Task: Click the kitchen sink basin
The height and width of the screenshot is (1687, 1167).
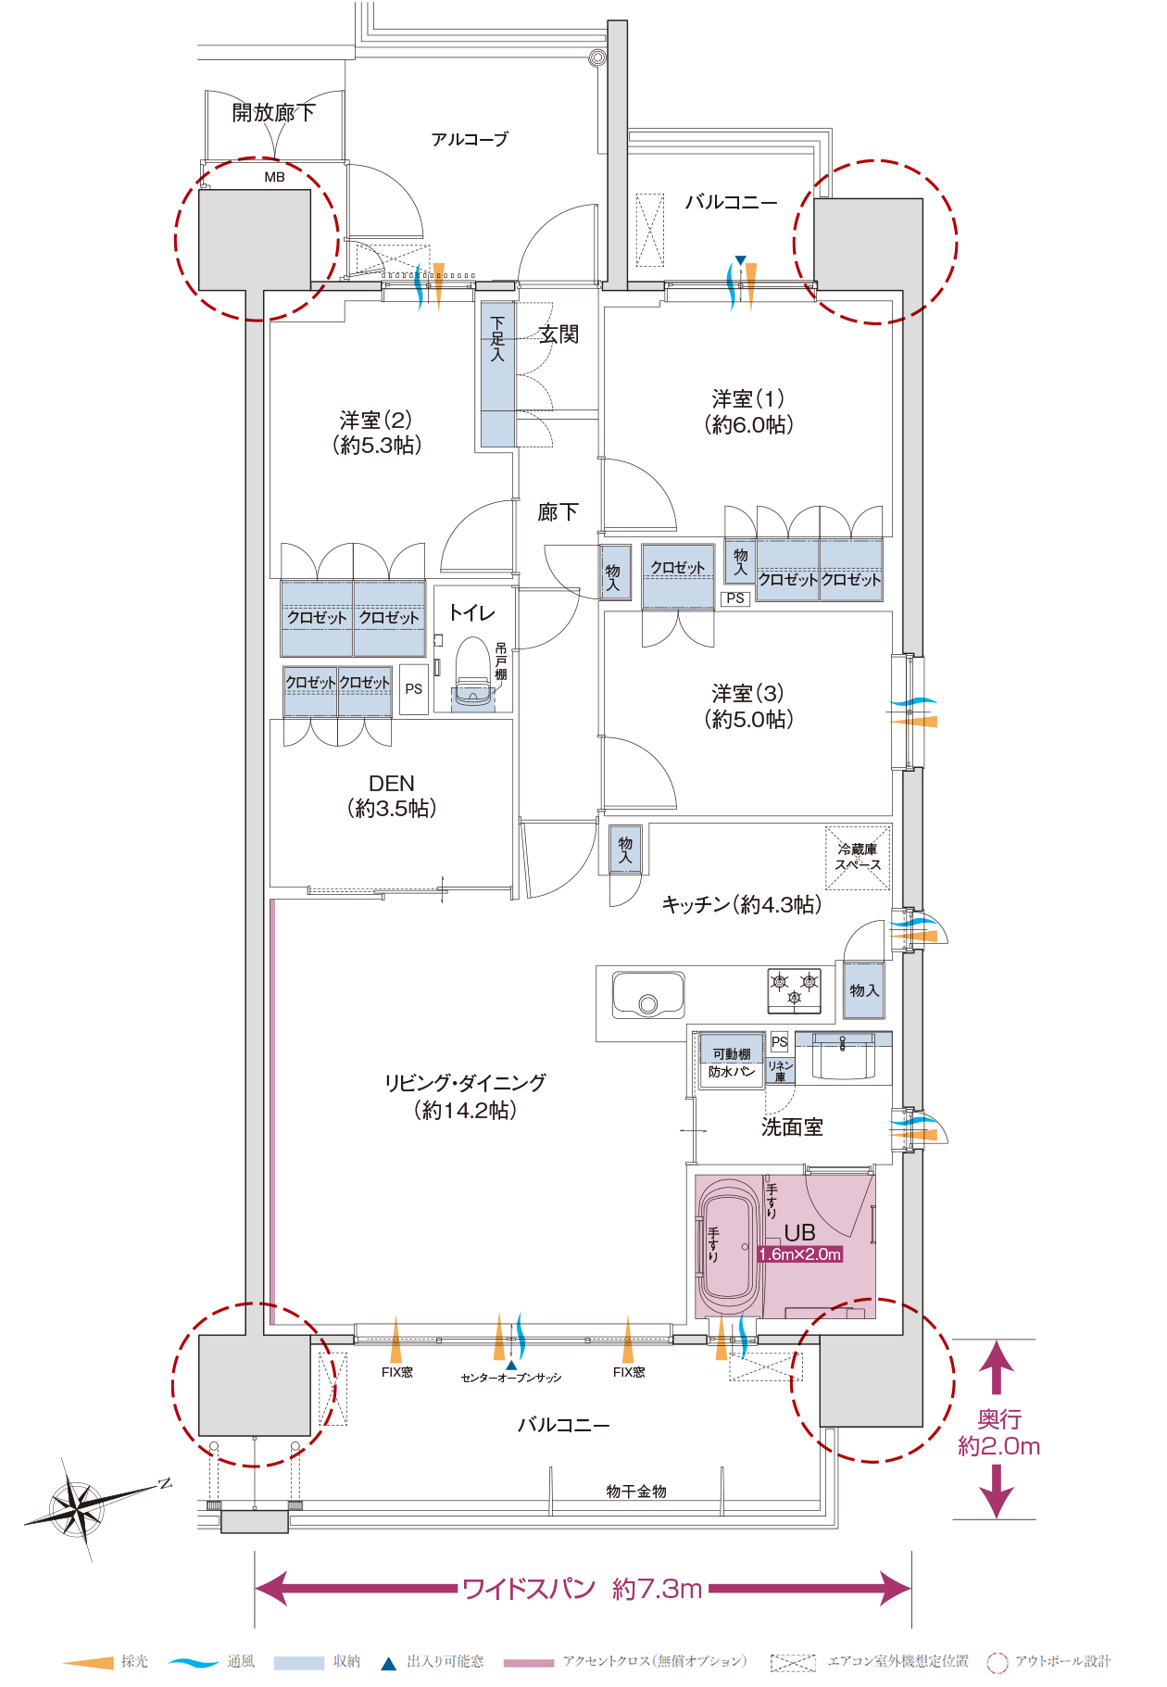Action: click(647, 995)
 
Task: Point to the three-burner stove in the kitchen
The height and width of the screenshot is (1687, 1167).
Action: click(794, 989)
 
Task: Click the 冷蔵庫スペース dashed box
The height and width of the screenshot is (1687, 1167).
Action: click(858, 857)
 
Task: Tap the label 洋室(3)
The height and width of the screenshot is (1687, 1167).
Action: click(747, 694)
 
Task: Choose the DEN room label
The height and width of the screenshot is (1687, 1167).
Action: click(391, 784)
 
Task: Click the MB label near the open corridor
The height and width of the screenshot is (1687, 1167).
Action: click(274, 177)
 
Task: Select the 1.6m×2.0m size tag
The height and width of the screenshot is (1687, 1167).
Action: click(799, 1254)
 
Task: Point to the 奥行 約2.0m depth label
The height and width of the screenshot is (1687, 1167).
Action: click(998, 1432)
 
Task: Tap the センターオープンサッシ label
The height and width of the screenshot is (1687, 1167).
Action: click(511, 1378)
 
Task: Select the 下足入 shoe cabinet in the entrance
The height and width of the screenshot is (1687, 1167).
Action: click(497, 375)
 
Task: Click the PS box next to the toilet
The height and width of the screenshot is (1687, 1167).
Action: click(413, 689)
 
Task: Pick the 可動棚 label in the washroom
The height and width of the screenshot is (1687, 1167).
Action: click(731, 1054)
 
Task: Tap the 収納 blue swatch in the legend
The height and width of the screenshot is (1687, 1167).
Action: click(298, 1662)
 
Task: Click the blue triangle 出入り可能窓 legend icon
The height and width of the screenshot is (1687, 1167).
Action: click(389, 1663)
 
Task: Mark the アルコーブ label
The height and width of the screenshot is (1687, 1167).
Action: click(470, 140)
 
